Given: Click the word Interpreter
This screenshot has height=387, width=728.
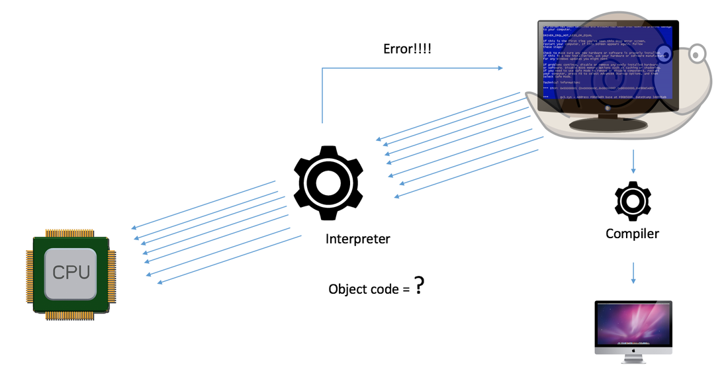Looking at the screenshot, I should tap(357, 239).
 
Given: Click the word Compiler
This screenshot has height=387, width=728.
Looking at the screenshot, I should tap(633, 234).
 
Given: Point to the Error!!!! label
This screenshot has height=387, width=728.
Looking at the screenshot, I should tap(407, 48).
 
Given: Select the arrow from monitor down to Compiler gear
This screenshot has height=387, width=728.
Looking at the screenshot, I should tap(633, 161).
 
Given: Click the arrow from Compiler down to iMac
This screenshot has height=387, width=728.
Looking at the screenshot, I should tap(633, 272).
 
